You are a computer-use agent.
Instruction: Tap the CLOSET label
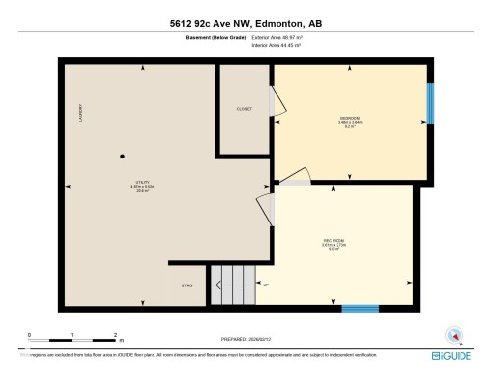244,109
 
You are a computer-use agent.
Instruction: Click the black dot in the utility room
123,157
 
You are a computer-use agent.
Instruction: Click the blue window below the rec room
359,308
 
